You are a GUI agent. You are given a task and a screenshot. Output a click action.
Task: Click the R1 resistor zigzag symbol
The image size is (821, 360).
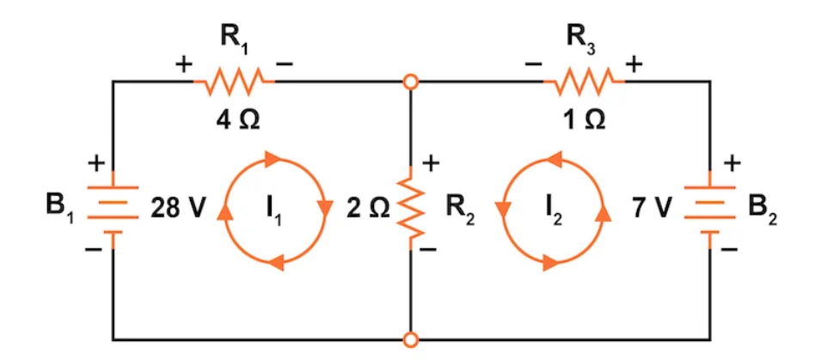tap(234, 82)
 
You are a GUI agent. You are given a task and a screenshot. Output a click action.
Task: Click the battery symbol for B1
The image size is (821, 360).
tap(112, 207)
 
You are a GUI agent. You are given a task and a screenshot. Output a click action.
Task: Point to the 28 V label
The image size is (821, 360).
tap(175, 208)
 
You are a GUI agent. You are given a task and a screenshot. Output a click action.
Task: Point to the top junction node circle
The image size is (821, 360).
tap(412, 82)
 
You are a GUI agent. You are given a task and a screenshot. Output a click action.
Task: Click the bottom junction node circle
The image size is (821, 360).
tap(412, 339)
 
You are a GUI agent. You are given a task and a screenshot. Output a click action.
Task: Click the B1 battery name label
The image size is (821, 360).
tap(59, 209)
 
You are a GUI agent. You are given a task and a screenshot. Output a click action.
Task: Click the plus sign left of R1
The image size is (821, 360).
tap(184, 65)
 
